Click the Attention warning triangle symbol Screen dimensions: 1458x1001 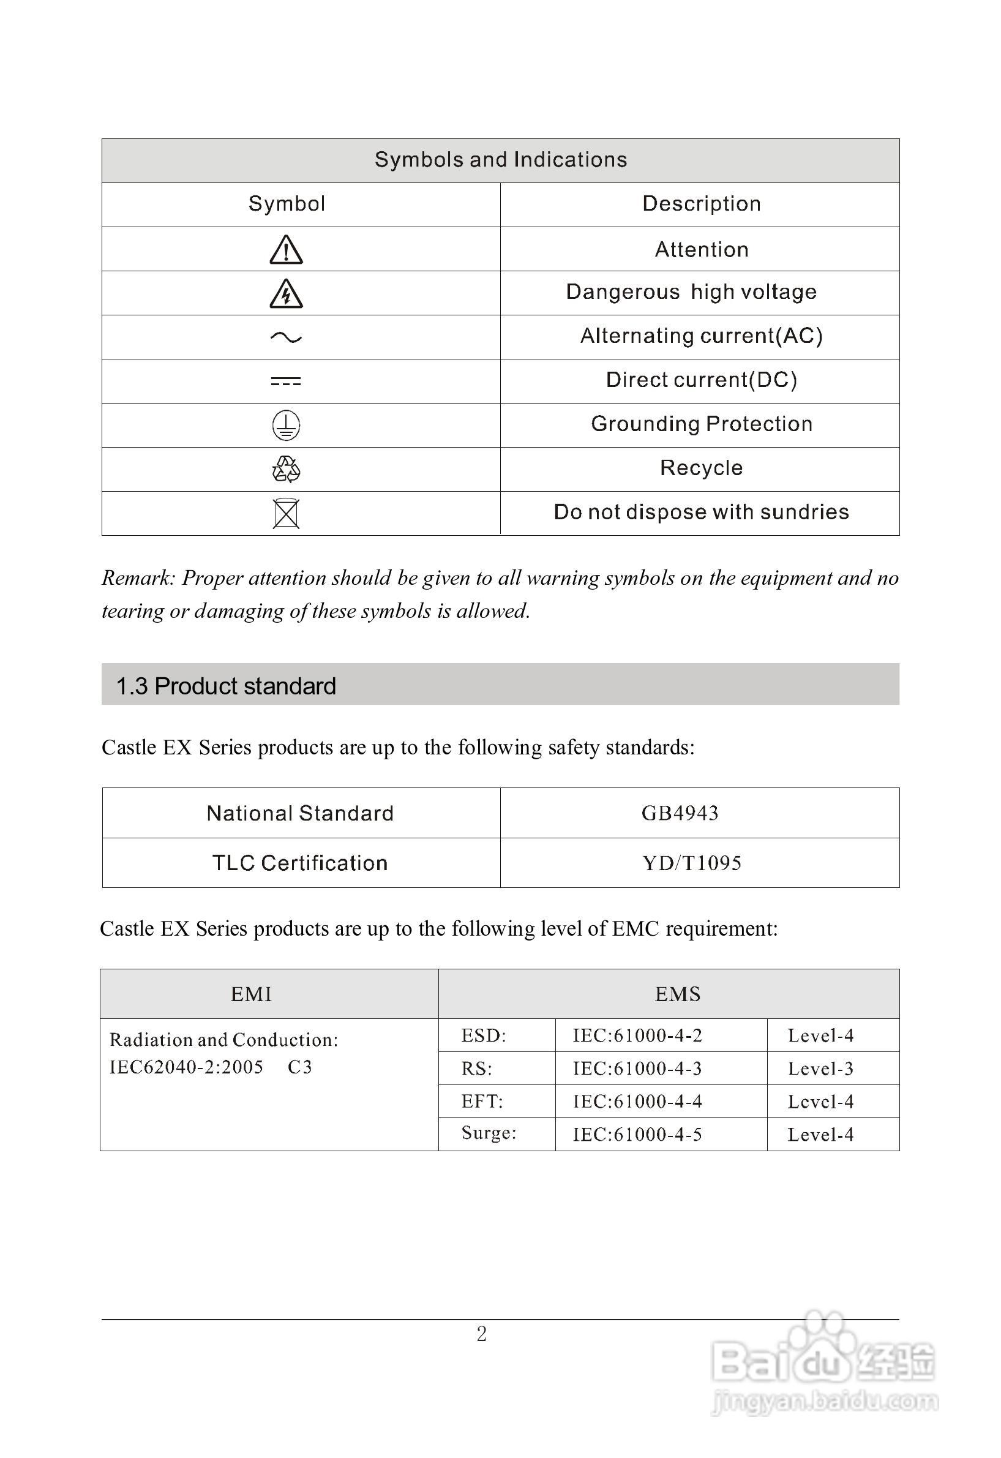pyautogui.click(x=286, y=250)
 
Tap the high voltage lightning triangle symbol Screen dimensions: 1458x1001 pyautogui.click(x=286, y=293)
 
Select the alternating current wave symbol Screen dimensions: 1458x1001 pyautogui.click(x=286, y=337)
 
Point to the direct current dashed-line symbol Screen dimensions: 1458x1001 pyautogui.click(x=286, y=381)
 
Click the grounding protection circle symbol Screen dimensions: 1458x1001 pyautogui.click(x=286, y=426)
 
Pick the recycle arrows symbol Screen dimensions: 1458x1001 pyautogui.click(x=286, y=469)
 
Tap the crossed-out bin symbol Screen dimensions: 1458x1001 pyautogui.click(x=286, y=514)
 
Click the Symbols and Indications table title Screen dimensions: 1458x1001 pyautogui.click(x=501, y=160)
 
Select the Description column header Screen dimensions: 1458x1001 pyautogui.click(x=701, y=204)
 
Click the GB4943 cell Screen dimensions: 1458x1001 pyautogui.click(x=680, y=813)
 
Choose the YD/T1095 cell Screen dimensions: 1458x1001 pyautogui.click(x=692, y=863)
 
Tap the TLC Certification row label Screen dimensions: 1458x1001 pyautogui.click(x=300, y=863)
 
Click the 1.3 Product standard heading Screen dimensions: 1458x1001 pyautogui.click(x=227, y=686)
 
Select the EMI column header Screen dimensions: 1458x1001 pyautogui.click(x=251, y=994)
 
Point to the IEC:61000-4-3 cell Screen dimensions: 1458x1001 pyautogui.click(x=637, y=1069)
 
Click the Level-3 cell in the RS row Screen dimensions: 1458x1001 pyautogui.click(x=820, y=1069)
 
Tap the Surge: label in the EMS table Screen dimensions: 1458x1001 pyautogui.click(x=489, y=1132)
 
